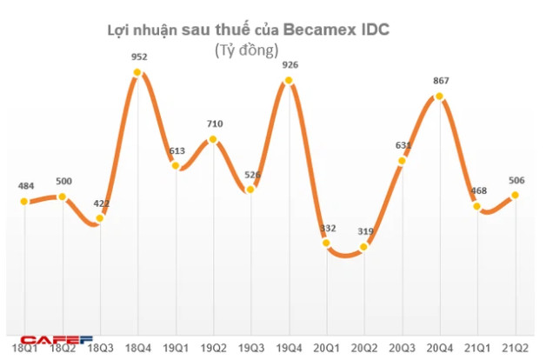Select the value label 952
[139, 58]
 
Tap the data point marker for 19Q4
[289, 81]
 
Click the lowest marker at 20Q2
[364, 247]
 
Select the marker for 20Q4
[440, 96]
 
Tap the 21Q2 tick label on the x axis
[516, 348]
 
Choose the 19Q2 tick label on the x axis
[214, 348]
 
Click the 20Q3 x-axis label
[403, 348]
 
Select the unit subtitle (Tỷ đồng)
[246, 50]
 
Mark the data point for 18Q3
[101, 218]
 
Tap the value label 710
[215, 124]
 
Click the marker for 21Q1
[477, 206]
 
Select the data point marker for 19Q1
[176, 165]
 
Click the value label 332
[329, 228]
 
